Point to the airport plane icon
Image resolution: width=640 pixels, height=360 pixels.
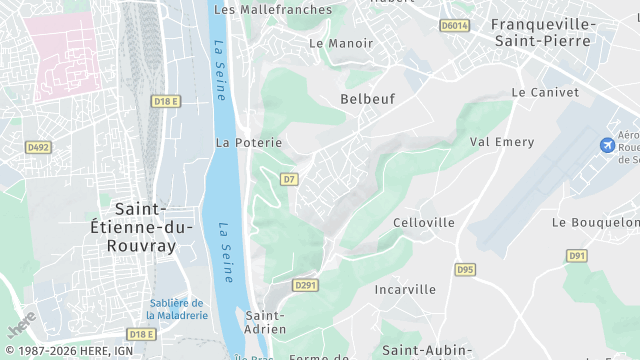[x=606, y=146]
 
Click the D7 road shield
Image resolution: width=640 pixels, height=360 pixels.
[x=289, y=179]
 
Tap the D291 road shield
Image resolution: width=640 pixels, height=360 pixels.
[x=305, y=285]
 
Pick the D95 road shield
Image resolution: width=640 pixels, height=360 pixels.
[x=465, y=269]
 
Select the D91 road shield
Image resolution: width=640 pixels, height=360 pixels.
[x=577, y=255]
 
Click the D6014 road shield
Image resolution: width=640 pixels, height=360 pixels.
[x=454, y=25]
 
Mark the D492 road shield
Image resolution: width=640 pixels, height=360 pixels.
[x=38, y=147]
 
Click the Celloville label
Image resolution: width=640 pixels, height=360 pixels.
[x=424, y=222]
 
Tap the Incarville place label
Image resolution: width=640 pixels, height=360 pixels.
[x=405, y=289]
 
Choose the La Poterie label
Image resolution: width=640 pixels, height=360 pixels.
[x=249, y=143]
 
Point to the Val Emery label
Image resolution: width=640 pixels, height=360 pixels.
[x=503, y=142]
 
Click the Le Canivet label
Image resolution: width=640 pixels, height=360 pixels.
[x=545, y=91]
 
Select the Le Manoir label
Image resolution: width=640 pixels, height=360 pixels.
[x=341, y=43]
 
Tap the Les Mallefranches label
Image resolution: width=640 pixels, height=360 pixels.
[x=273, y=9]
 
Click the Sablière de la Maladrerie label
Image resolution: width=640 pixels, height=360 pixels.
[x=177, y=308]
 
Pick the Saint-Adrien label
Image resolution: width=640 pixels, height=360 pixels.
[x=266, y=321]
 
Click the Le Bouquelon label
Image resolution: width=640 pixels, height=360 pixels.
[x=595, y=222]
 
